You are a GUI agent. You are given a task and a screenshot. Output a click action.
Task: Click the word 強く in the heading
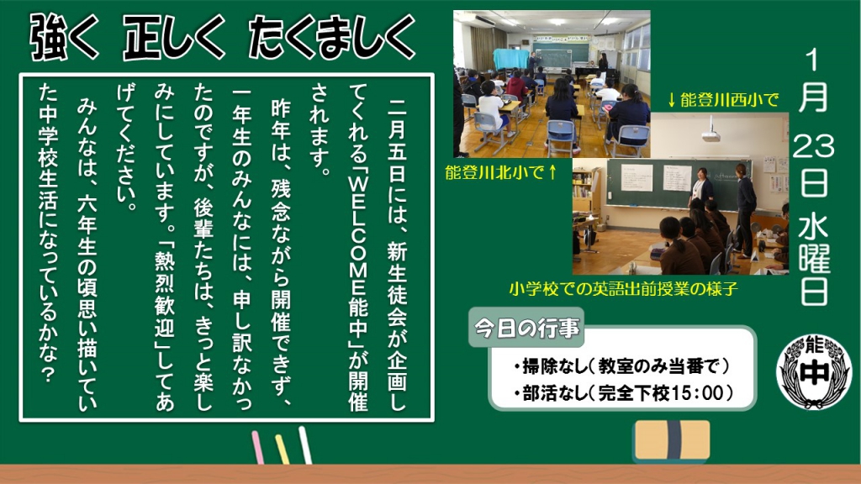pos(64,37)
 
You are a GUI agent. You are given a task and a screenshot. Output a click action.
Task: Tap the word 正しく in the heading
pos(174,37)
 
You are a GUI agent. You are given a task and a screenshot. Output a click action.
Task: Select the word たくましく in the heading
pos(331,37)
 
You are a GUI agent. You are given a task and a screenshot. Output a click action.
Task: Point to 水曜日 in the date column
pos(814,260)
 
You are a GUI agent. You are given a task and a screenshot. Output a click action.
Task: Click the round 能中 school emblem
pos(814,371)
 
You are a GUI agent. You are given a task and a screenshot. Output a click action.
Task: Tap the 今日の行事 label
pos(526,329)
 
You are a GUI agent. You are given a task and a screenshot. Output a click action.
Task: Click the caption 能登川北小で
pos(494,172)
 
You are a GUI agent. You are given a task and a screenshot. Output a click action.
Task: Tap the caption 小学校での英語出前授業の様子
pos(623,289)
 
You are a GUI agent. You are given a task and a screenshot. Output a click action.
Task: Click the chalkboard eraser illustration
pos(672,440)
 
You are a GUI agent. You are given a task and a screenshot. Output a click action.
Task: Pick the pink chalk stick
pos(257,447)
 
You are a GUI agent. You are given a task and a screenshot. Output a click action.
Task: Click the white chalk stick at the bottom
pos(304,445)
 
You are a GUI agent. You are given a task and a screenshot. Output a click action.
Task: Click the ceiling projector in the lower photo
pos(711,129)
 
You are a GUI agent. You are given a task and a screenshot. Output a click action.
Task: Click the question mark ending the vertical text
pos(48,374)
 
